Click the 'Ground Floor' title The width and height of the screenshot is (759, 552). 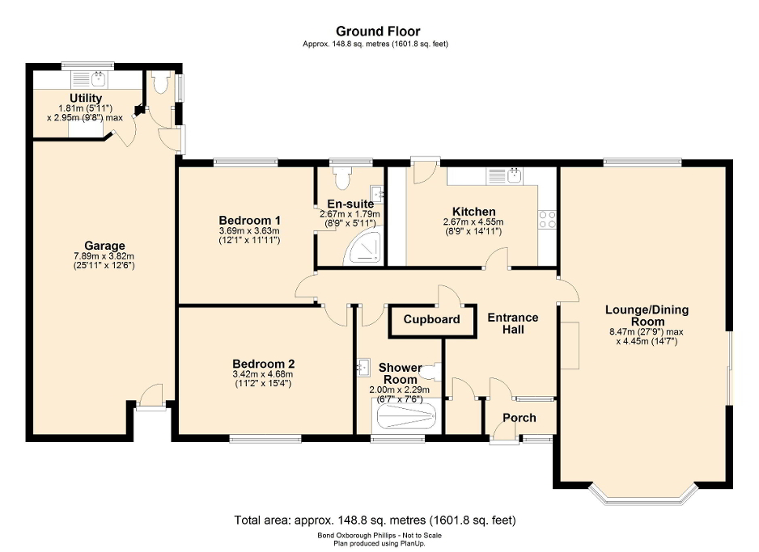[x=379, y=32]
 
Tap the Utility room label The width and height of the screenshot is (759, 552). [x=85, y=99]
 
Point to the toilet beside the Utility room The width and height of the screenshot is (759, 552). [x=159, y=82]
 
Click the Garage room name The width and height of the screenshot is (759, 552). [x=104, y=246]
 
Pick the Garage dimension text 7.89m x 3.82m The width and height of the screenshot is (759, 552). [x=104, y=257]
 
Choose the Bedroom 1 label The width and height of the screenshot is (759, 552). [x=249, y=220]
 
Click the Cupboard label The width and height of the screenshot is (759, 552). [x=432, y=319]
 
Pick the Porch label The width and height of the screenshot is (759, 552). [x=519, y=418]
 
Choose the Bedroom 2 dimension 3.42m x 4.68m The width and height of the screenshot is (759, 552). [x=264, y=374]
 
